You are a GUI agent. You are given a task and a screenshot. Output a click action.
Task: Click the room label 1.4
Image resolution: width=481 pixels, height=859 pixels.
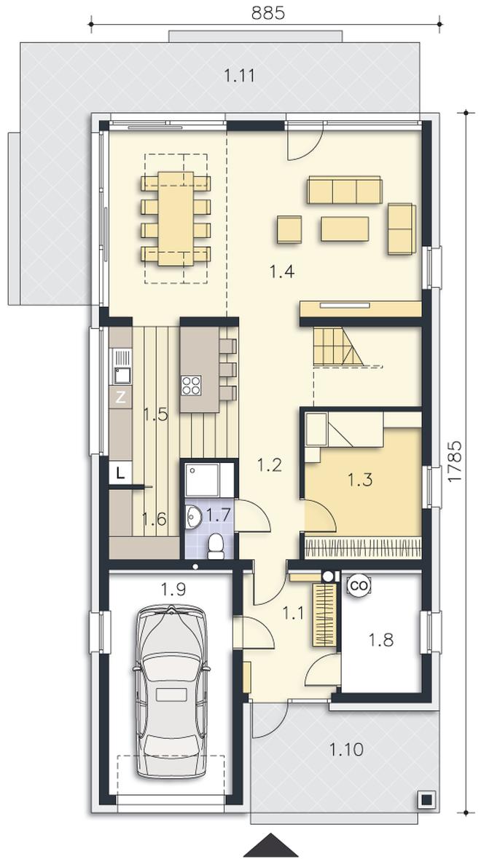point(283,271)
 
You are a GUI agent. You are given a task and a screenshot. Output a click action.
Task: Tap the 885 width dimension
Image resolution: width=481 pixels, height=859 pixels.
point(268,13)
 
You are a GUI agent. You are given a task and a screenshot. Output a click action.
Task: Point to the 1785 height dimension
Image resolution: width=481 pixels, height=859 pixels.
point(455,461)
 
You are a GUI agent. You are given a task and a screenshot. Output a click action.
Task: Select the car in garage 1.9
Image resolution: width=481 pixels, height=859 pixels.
point(172,691)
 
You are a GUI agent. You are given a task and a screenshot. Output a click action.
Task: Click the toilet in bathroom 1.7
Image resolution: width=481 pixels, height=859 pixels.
point(216,546)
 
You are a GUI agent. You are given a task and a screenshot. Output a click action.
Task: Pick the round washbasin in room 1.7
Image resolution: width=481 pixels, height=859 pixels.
point(193,517)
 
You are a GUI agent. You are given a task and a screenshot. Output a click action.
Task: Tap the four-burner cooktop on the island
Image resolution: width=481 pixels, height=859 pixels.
point(192,386)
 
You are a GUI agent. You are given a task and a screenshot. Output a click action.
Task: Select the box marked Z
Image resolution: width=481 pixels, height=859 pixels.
point(121,397)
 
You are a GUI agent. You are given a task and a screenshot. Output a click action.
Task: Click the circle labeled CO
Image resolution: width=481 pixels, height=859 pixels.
point(359,585)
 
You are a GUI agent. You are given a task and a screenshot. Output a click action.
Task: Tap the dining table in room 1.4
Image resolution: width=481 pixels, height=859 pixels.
point(176,218)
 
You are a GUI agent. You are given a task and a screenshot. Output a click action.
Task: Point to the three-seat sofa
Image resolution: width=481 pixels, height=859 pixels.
point(345,190)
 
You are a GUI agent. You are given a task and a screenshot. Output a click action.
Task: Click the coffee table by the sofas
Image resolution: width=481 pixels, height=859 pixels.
point(345,229)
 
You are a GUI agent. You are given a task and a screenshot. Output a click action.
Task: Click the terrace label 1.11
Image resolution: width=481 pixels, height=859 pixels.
point(240,75)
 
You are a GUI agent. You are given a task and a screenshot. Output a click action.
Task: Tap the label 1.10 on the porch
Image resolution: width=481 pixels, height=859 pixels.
point(347,748)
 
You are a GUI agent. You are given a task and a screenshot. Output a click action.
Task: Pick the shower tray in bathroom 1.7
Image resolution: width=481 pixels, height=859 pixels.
point(203,479)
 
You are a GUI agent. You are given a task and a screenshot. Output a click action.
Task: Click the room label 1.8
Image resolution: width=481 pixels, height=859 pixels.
point(381,638)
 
